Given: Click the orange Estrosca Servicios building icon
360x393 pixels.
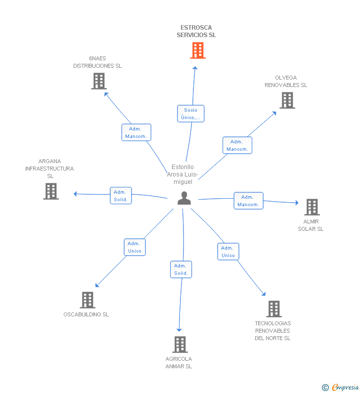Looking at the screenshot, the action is point(198,50).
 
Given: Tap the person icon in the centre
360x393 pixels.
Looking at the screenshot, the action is point(184,198).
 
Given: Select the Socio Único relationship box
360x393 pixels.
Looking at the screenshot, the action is point(191,114).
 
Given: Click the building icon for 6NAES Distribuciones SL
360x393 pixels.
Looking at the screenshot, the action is point(99,81).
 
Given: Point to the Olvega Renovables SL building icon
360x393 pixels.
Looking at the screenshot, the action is point(287,100).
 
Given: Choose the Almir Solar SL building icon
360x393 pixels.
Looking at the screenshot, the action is point(312,207).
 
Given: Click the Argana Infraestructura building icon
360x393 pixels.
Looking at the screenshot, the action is point(51,191).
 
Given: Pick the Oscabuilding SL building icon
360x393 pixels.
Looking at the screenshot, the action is point(88,300).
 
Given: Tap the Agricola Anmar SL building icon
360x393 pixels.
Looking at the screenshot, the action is point(180,345).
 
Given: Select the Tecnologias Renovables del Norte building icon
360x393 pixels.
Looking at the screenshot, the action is point(274,309).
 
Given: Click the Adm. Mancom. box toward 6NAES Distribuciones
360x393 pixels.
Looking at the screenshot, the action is point(136,132).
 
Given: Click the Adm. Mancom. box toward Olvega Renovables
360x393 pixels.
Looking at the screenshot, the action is point(237,145).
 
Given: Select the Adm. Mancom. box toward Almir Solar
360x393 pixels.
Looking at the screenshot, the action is point(248,201).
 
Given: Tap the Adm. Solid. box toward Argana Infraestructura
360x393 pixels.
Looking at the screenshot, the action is point(121,195).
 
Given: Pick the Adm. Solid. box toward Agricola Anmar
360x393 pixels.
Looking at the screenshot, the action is point(181,269).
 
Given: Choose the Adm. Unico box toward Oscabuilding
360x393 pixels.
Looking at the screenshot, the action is point(135,247).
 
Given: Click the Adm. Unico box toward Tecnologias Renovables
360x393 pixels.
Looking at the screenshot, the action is point(228,252).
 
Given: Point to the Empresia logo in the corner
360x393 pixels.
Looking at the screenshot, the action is point(340,387).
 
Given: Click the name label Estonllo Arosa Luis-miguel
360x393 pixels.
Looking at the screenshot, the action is point(183,174).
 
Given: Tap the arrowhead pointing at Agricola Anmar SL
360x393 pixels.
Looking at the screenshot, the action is point(179,330).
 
